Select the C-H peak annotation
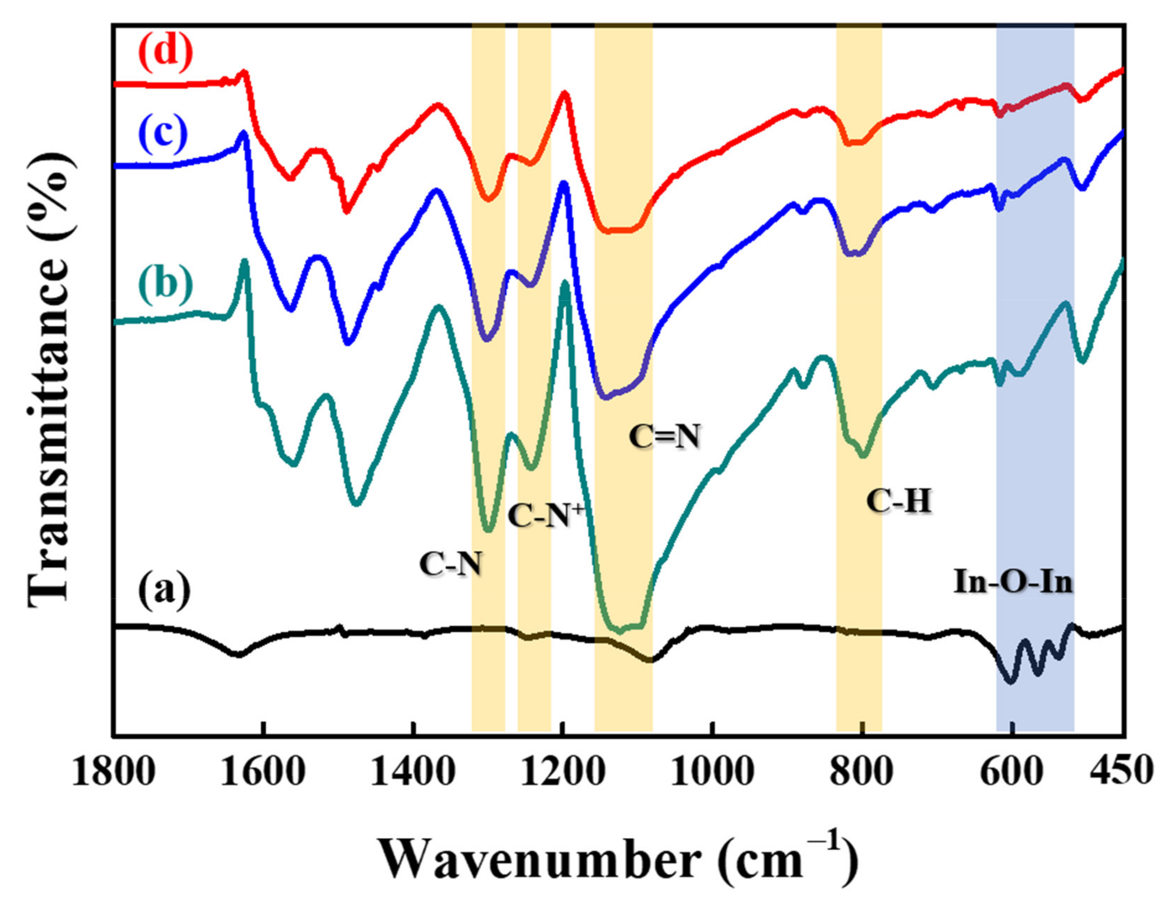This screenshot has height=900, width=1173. pos(899,503)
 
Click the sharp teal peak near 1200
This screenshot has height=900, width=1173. pos(565,283)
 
